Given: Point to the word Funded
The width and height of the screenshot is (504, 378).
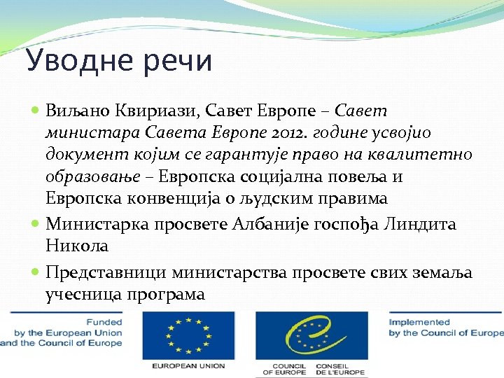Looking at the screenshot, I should (x=104, y=323).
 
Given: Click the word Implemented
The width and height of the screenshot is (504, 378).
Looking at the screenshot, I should (x=421, y=323).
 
